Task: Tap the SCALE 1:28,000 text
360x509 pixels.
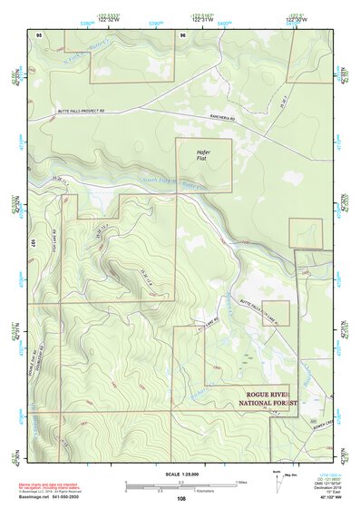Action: coord(180,474)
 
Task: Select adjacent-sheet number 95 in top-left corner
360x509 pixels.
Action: coord(39,34)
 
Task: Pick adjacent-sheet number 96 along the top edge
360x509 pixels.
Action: coord(183,34)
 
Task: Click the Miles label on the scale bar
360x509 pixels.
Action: coord(240,481)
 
